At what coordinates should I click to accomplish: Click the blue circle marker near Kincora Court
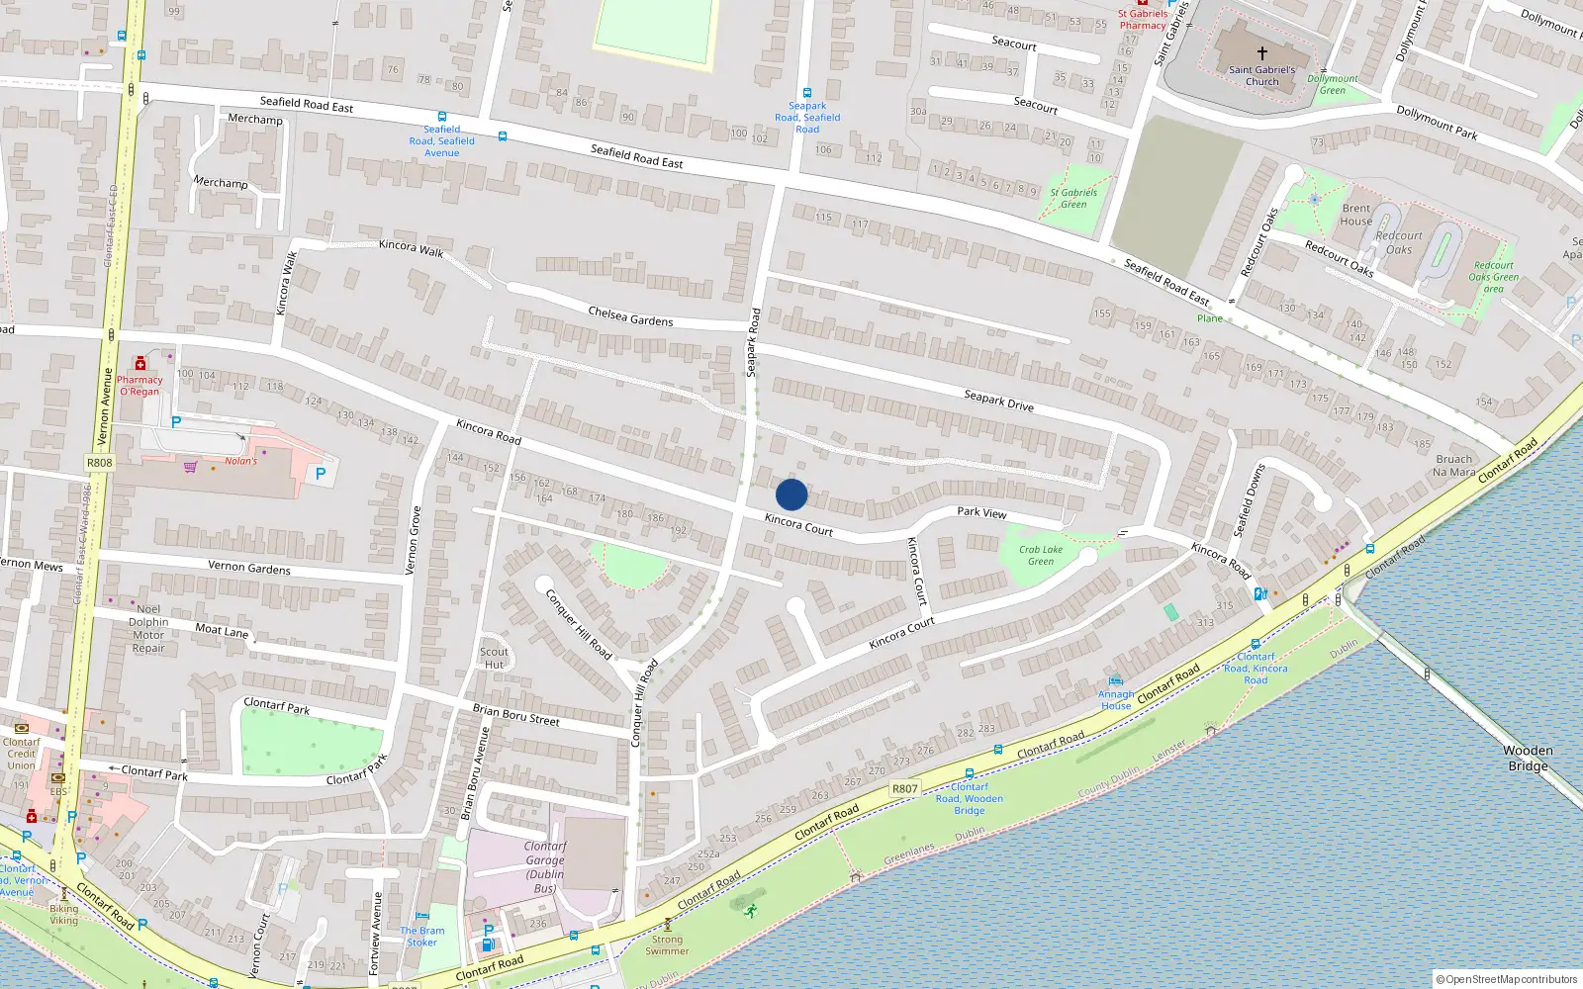click(x=791, y=494)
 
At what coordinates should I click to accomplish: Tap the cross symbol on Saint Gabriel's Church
click(x=1261, y=53)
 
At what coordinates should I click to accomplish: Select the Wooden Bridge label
click(x=1528, y=759)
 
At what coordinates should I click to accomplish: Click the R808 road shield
click(x=100, y=463)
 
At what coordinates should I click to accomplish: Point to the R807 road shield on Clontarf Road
click(x=904, y=789)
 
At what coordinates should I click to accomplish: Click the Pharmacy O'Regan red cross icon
click(x=140, y=364)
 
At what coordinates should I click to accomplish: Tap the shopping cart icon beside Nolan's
click(x=190, y=467)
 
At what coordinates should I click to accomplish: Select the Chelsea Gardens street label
click(x=630, y=316)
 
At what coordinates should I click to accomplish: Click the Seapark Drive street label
click(x=998, y=400)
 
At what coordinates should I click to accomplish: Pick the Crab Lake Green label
click(x=1041, y=556)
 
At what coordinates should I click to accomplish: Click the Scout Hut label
click(x=494, y=658)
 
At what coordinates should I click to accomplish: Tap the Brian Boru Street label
click(x=515, y=715)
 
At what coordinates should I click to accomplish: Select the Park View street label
click(x=981, y=512)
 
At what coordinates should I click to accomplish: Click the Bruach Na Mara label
click(x=1453, y=466)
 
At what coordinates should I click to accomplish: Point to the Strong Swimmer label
click(x=667, y=945)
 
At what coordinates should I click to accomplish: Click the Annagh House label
click(x=1116, y=700)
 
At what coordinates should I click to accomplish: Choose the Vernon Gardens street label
click(x=249, y=568)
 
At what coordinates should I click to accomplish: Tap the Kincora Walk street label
click(x=411, y=247)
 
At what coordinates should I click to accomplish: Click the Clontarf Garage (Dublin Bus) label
click(x=545, y=867)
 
